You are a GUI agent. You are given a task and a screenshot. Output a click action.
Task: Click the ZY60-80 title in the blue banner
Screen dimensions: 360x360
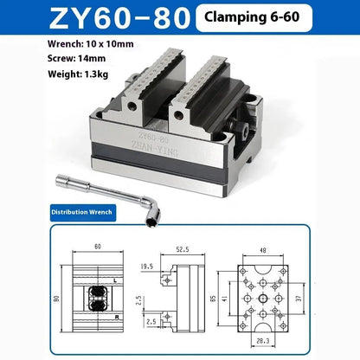point(119,18)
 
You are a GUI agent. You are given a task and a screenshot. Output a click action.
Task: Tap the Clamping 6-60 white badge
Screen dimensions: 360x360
point(254,18)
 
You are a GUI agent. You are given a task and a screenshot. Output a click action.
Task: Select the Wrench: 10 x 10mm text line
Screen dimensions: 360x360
point(91,44)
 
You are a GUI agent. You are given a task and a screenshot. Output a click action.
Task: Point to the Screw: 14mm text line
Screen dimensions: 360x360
point(76,59)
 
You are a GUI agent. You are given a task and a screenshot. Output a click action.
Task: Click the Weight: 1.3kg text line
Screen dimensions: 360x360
point(78,74)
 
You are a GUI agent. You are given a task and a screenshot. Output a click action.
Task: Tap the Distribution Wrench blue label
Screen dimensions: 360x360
point(83,213)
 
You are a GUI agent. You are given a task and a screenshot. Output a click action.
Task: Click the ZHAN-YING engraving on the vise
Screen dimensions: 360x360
point(154,148)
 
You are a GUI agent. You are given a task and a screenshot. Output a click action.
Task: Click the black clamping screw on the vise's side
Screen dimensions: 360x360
point(241,130)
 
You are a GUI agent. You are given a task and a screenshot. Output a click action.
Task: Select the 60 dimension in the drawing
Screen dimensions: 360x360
point(98,247)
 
